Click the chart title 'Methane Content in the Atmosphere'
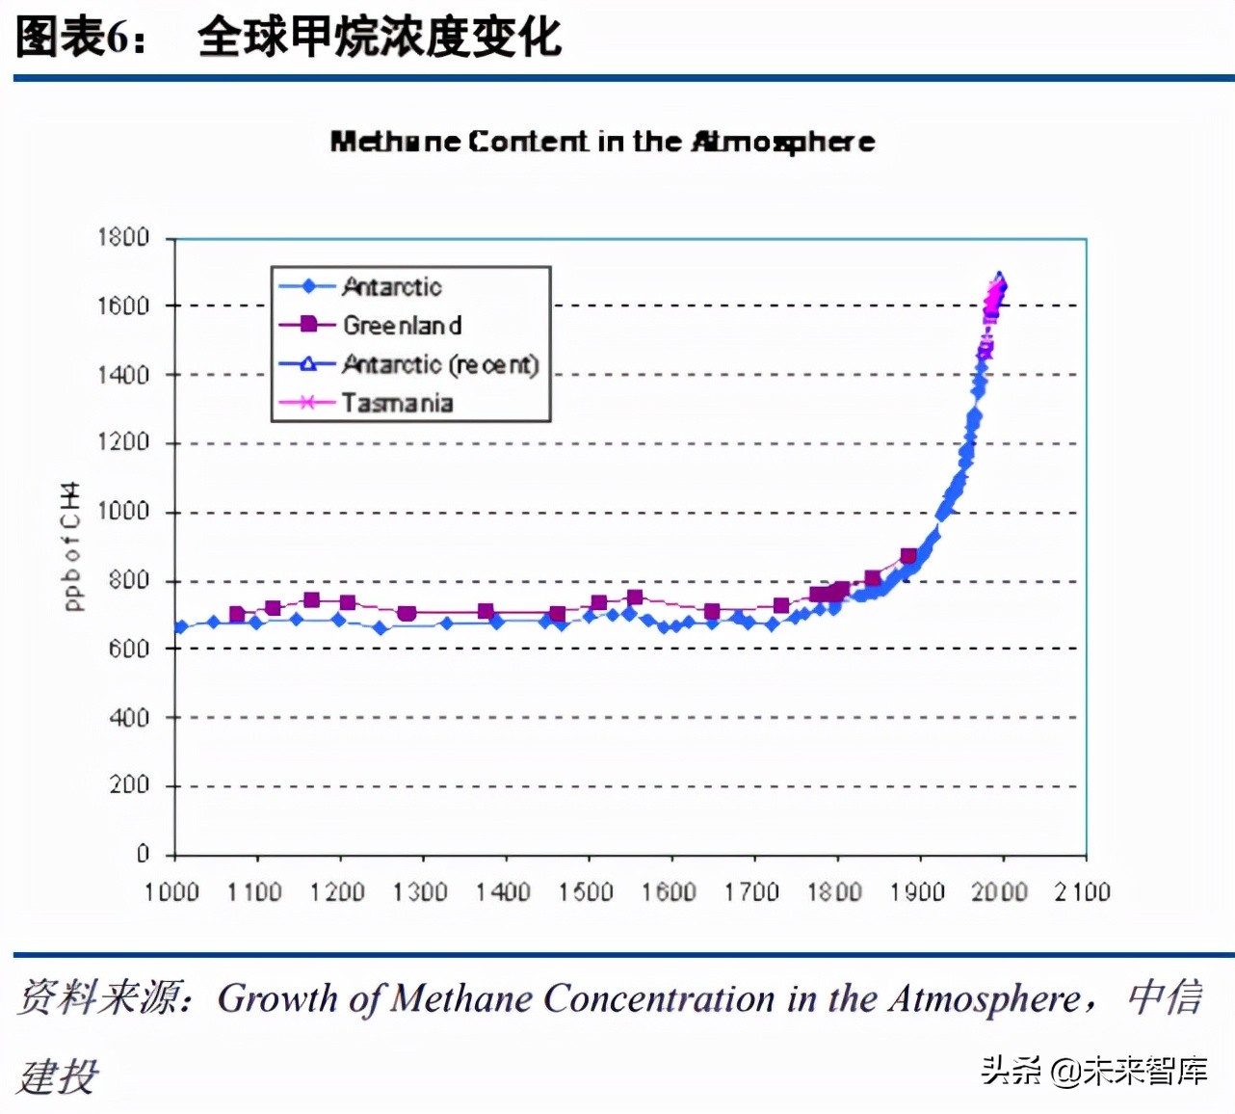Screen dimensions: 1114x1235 point(602,142)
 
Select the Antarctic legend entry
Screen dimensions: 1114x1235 point(391,286)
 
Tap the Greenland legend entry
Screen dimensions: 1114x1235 point(402,325)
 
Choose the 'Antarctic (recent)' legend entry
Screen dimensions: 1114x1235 point(439,364)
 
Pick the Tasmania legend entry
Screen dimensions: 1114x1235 point(396,403)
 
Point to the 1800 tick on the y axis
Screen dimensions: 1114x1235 point(123,237)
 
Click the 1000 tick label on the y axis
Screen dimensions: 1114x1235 point(123,511)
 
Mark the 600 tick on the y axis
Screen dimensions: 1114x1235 point(129,649)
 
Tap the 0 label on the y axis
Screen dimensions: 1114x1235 point(143,854)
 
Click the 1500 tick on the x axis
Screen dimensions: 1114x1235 point(586,891)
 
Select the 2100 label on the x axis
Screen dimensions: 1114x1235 point(1082,891)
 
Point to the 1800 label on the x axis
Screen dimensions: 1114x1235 point(834,891)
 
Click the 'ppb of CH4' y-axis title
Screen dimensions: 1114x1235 point(71,545)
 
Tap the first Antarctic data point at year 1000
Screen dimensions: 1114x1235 point(180,627)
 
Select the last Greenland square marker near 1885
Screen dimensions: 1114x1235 point(908,556)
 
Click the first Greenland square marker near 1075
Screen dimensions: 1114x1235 point(237,614)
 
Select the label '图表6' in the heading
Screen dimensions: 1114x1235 point(73,38)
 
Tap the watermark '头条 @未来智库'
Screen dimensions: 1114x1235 point(1094,1071)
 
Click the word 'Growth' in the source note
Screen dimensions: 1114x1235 point(277,998)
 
